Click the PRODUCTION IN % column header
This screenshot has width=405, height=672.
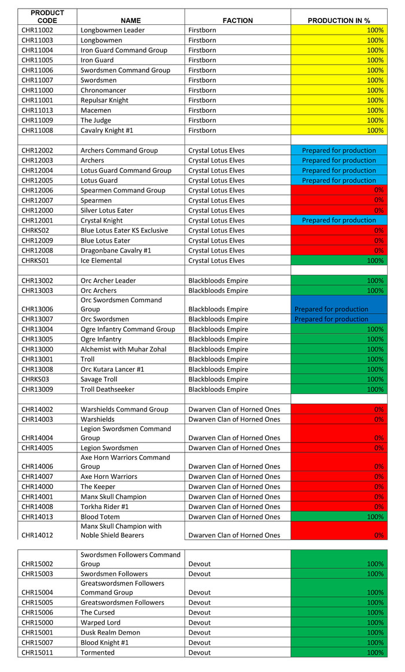[x=338, y=20]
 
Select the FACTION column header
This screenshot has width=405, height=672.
[x=238, y=20]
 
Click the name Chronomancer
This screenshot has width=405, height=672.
[x=101, y=90]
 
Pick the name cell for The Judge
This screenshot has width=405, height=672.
[x=96, y=120]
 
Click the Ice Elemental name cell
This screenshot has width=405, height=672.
[x=101, y=261]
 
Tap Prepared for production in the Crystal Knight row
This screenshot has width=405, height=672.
[x=338, y=220]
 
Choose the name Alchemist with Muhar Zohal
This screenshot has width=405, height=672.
[x=123, y=349]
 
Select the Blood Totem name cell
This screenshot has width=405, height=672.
[x=101, y=517]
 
